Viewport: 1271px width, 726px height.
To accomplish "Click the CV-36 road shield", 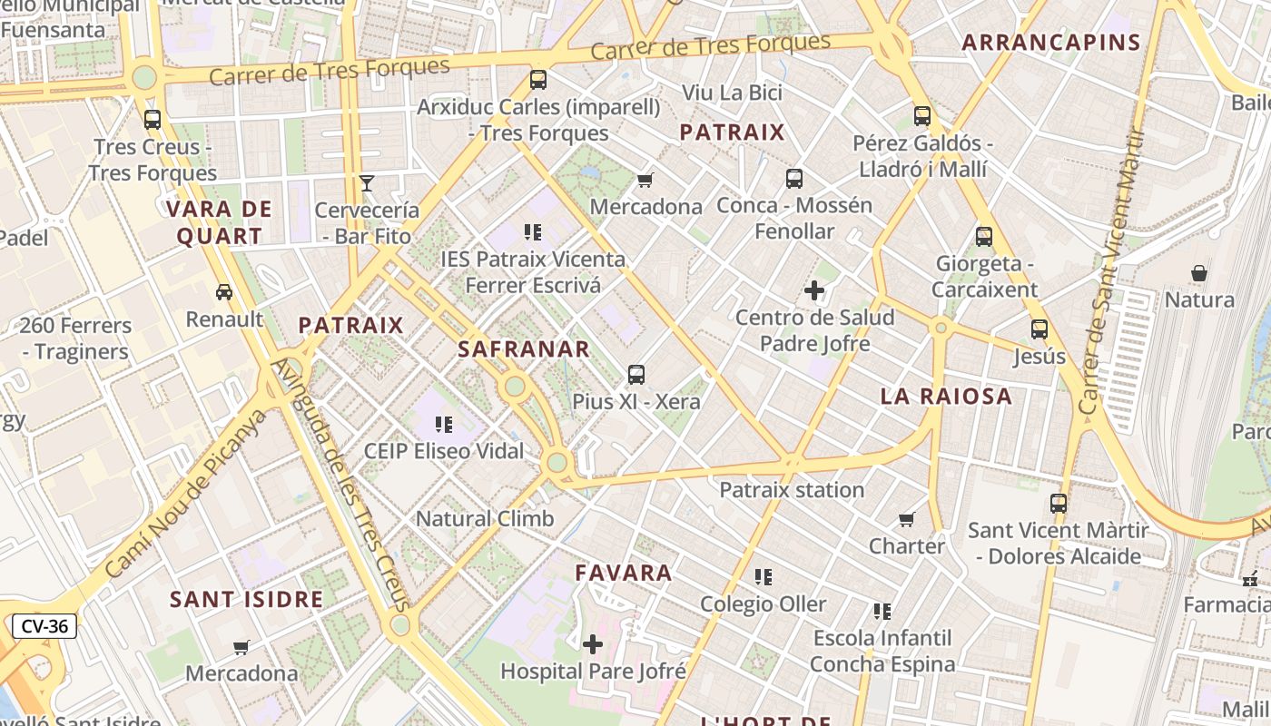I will (x=44, y=626).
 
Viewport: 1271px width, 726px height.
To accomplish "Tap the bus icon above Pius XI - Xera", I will (x=636, y=374).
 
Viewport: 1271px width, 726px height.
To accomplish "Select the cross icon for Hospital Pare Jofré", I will (x=593, y=644).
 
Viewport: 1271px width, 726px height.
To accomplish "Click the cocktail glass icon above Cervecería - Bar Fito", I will (x=367, y=183).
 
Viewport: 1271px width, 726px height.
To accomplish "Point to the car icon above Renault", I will (x=224, y=292).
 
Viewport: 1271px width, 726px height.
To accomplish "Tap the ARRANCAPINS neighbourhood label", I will (x=1050, y=42).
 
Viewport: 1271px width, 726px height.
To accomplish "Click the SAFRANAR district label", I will (x=524, y=348).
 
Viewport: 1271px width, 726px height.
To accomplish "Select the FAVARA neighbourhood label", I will (x=624, y=573).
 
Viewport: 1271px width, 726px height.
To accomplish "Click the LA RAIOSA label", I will (x=946, y=396).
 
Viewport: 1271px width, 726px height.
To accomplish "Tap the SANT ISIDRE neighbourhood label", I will (x=247, y=599).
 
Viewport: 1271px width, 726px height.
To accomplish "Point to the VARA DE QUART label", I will (x=219, y=222).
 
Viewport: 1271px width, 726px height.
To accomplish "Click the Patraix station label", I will (x=792, y=490).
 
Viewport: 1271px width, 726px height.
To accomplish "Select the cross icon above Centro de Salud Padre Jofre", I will (x=814, y=291).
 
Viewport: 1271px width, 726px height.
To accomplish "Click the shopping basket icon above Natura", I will (x=1199, y=273).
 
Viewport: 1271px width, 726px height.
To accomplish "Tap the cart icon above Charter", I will (x=907, y=519).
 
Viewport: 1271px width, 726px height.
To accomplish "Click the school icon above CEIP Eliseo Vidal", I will (x=444, y=424).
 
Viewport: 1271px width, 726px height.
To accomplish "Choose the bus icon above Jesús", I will (x=1039, y=329).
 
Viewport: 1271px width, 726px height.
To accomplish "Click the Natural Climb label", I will (x=485, y=519).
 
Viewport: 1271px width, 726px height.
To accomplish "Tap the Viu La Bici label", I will (x=732, y=93).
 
